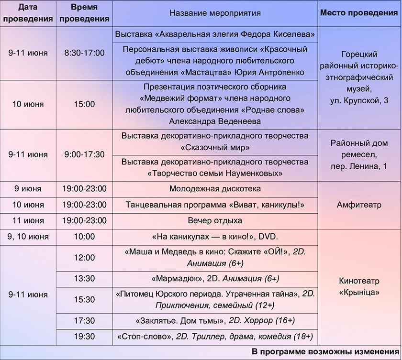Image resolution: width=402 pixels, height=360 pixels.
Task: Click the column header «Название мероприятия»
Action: pos(215,13)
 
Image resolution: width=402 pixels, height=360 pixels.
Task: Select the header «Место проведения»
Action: pos(359,13)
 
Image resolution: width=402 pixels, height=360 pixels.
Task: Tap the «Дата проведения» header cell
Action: pos(28,13)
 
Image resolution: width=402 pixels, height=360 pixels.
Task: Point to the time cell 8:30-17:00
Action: pos(84,53)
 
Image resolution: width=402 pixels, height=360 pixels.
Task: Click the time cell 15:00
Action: pos(84,104)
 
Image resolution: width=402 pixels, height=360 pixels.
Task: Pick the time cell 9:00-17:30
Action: pos(84,154)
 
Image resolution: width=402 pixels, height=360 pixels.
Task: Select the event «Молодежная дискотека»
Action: pos(215,189)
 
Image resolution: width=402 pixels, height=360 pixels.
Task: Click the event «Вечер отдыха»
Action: pos(215,220)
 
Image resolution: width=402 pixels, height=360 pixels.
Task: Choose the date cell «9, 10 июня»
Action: pos(28,237)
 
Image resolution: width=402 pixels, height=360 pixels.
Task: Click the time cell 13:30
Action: pos(84,279)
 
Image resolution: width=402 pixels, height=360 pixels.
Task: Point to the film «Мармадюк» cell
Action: pos(215,279)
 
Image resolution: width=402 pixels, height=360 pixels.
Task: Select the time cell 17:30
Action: pos(84,320)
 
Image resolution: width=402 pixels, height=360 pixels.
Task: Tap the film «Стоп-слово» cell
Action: pos(215,336)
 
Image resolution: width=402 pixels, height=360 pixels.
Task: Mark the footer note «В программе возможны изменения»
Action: pos(325,352)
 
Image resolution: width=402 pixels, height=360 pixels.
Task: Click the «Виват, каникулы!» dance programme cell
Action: pos(215,205)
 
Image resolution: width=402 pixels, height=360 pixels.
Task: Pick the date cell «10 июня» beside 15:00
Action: pos(28,104)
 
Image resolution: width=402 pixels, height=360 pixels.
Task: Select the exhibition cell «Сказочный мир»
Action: pos(215,142)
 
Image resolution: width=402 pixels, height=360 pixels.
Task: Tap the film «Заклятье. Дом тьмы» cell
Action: pos(215,320)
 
